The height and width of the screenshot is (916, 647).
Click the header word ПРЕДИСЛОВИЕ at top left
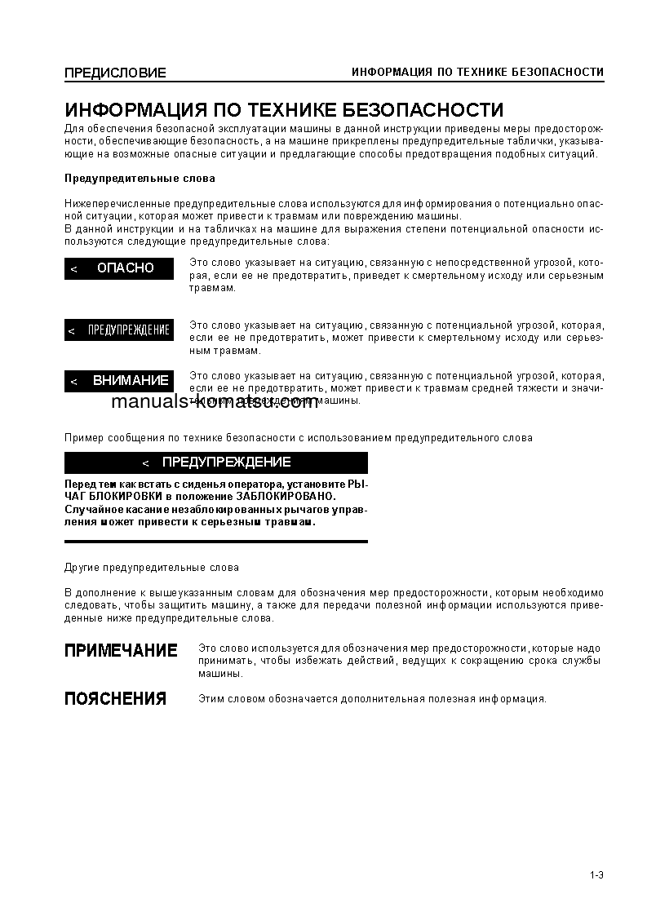(x=115, y=73)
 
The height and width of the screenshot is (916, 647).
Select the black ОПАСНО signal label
(x=119, y=268)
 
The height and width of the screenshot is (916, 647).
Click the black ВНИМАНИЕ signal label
(x=119, y=381)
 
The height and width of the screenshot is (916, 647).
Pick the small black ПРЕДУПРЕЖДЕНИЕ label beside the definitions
(x=119, y=330)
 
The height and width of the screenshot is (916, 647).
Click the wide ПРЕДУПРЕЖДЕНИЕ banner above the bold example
(x=216, y=462)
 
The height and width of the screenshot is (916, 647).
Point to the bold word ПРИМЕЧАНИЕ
(x=121, y=651)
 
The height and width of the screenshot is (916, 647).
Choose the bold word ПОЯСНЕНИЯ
(x=115, y=699)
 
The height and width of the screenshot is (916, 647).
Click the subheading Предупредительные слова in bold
(x=140, y=179)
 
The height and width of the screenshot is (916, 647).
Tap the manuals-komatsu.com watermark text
(x=215, y=401)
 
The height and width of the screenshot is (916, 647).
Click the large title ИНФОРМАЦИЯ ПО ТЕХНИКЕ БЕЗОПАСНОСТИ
(x=284, y=110)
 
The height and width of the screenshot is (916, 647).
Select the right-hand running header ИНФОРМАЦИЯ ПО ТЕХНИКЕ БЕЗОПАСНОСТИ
(x=477, y=73)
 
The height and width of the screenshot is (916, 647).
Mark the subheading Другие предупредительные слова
(x=152, y=568)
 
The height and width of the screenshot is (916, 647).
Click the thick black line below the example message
(x=216, y=542)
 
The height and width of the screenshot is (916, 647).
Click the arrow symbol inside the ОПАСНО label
(x=73, y=269)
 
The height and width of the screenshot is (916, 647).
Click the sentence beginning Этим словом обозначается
(x=372, y=699)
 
